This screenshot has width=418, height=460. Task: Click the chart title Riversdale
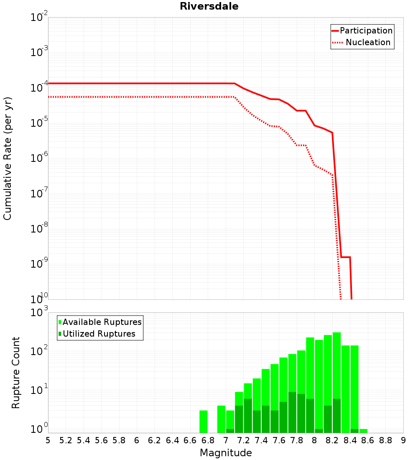point(209,6)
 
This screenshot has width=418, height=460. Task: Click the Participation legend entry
point(362,31)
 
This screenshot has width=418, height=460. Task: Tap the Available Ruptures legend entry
point(100,322)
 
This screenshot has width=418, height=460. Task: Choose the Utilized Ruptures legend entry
point(97,334)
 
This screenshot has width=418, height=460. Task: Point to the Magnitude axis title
point(226,453)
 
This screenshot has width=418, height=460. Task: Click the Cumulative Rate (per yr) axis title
point(8,158)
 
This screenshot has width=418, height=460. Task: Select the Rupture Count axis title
point(15,373)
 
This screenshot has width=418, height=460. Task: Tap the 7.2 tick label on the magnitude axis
point(243,441)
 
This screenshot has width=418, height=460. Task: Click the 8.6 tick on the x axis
point(367,441)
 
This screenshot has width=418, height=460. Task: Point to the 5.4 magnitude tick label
point(83,441)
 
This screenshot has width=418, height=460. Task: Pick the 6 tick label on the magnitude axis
point(137,441)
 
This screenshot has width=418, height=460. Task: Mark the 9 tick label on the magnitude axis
point(403,441)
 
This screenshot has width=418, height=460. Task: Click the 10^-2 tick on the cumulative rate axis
point(39,16)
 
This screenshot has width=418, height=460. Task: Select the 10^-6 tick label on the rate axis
point(39,158)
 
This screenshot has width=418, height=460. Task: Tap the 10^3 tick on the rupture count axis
point(39,312)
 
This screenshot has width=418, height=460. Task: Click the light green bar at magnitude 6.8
point(204,422)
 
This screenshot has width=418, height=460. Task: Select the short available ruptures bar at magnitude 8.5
point(363,431)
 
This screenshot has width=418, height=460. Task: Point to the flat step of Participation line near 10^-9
point(346,257)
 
